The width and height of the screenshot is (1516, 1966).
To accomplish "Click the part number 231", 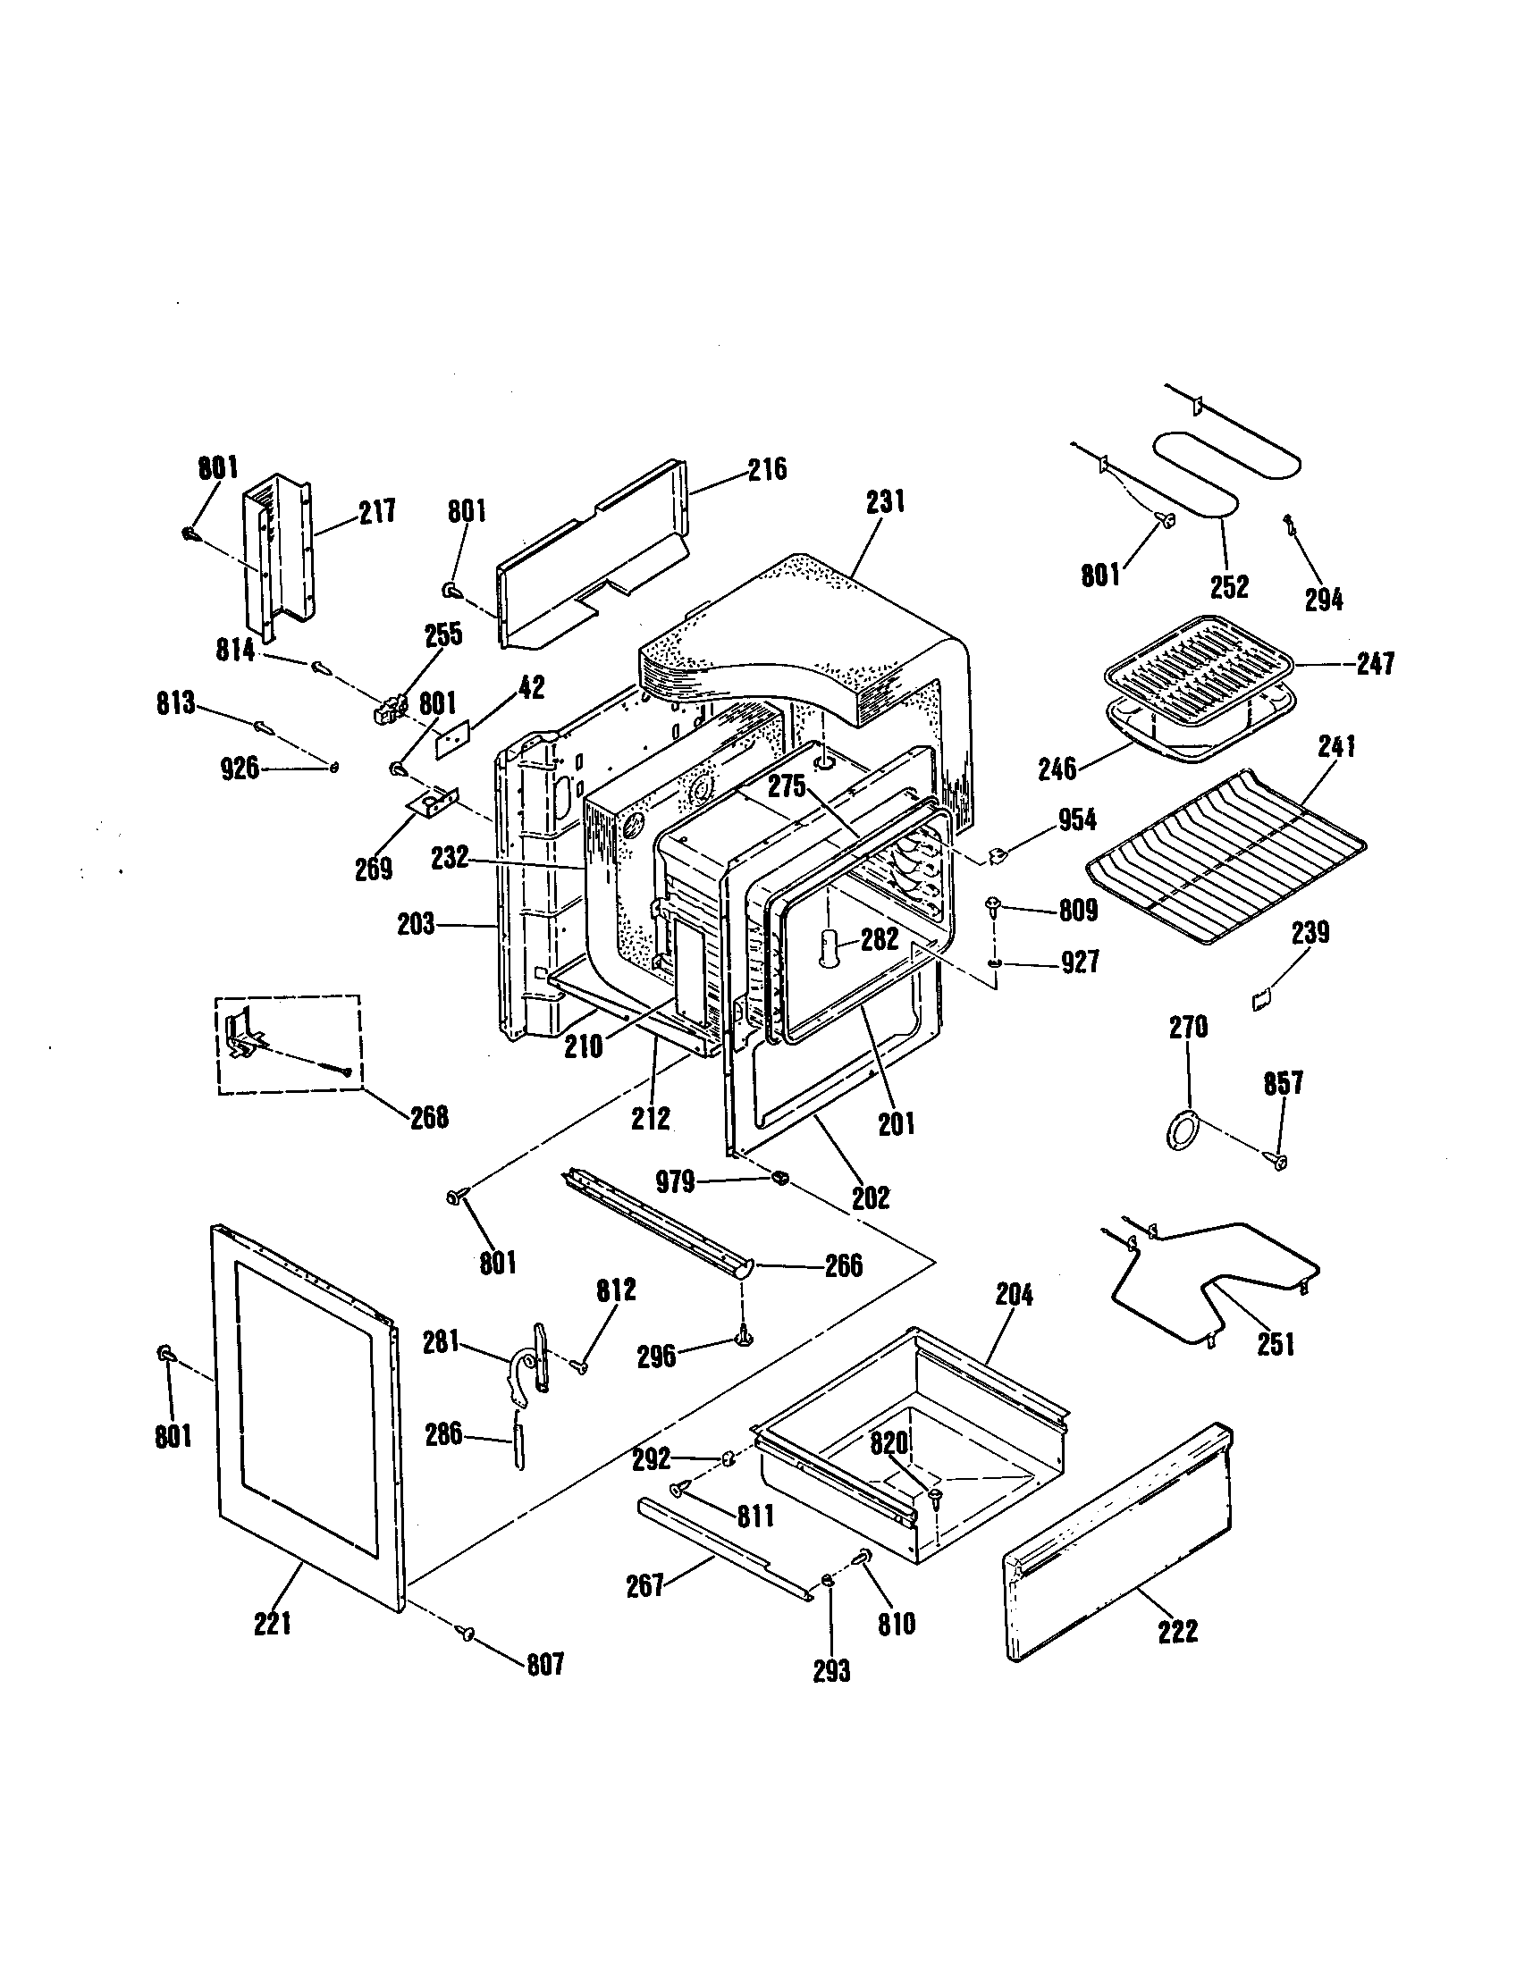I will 885,502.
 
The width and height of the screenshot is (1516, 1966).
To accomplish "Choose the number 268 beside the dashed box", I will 428,1116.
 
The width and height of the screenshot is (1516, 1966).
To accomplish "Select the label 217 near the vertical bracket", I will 377,512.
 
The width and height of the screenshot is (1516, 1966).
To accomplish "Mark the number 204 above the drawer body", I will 1014,1295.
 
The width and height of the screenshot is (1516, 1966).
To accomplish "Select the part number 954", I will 1077,820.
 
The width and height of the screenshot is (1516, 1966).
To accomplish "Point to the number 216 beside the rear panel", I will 767,469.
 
